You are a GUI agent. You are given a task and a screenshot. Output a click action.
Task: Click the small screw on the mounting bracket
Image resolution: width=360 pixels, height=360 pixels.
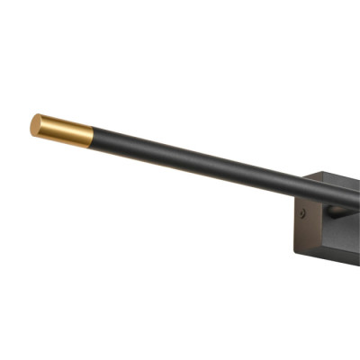pyautogui.click(x=304, y=215)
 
